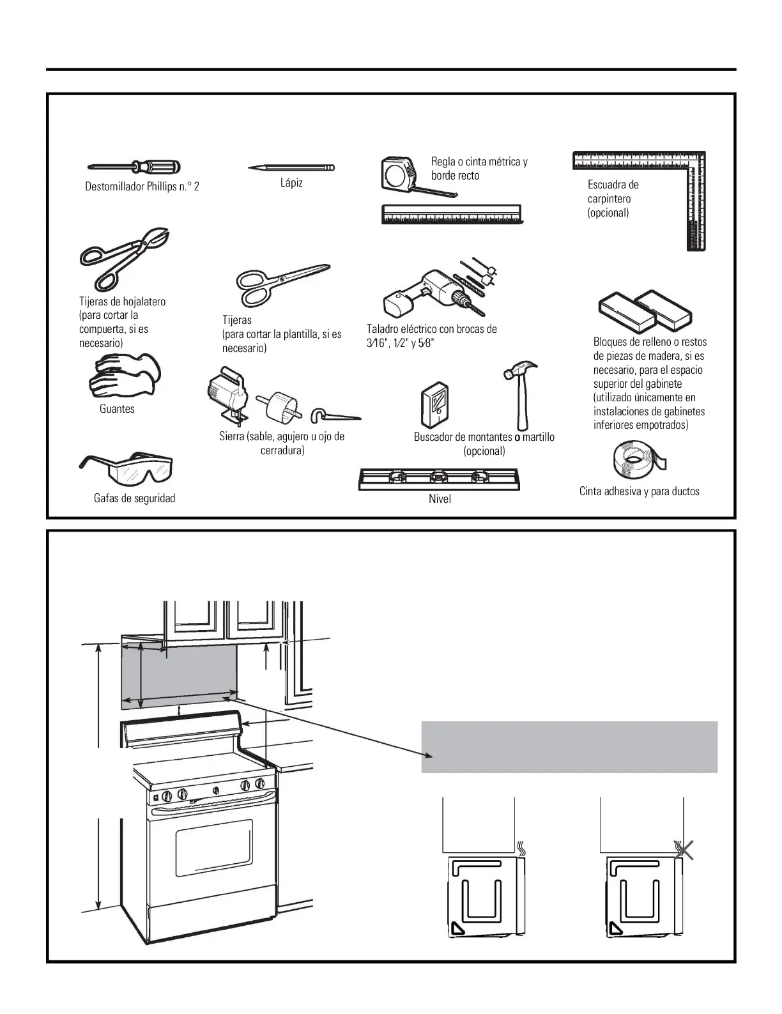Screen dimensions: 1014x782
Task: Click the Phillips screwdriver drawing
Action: click(x=134, y=167)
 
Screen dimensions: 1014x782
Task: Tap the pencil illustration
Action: click(x=291, y=168)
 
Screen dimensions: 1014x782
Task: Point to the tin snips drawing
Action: click(x=124, y=256)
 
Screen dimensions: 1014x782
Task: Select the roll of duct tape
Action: click(x=638, y=459)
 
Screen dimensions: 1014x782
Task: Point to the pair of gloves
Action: click(x=124, y=377)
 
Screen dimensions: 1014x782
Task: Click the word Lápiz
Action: click(x=291, y=183)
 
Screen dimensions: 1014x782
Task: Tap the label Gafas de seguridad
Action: click(x=134, y=498)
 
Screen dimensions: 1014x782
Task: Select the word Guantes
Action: click(x=117, y=409)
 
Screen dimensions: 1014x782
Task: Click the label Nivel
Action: click(x=440, y=499)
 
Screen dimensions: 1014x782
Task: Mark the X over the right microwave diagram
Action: click(x=684, y=850)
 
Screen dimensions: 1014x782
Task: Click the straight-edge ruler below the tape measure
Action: click(x=452, y=214)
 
